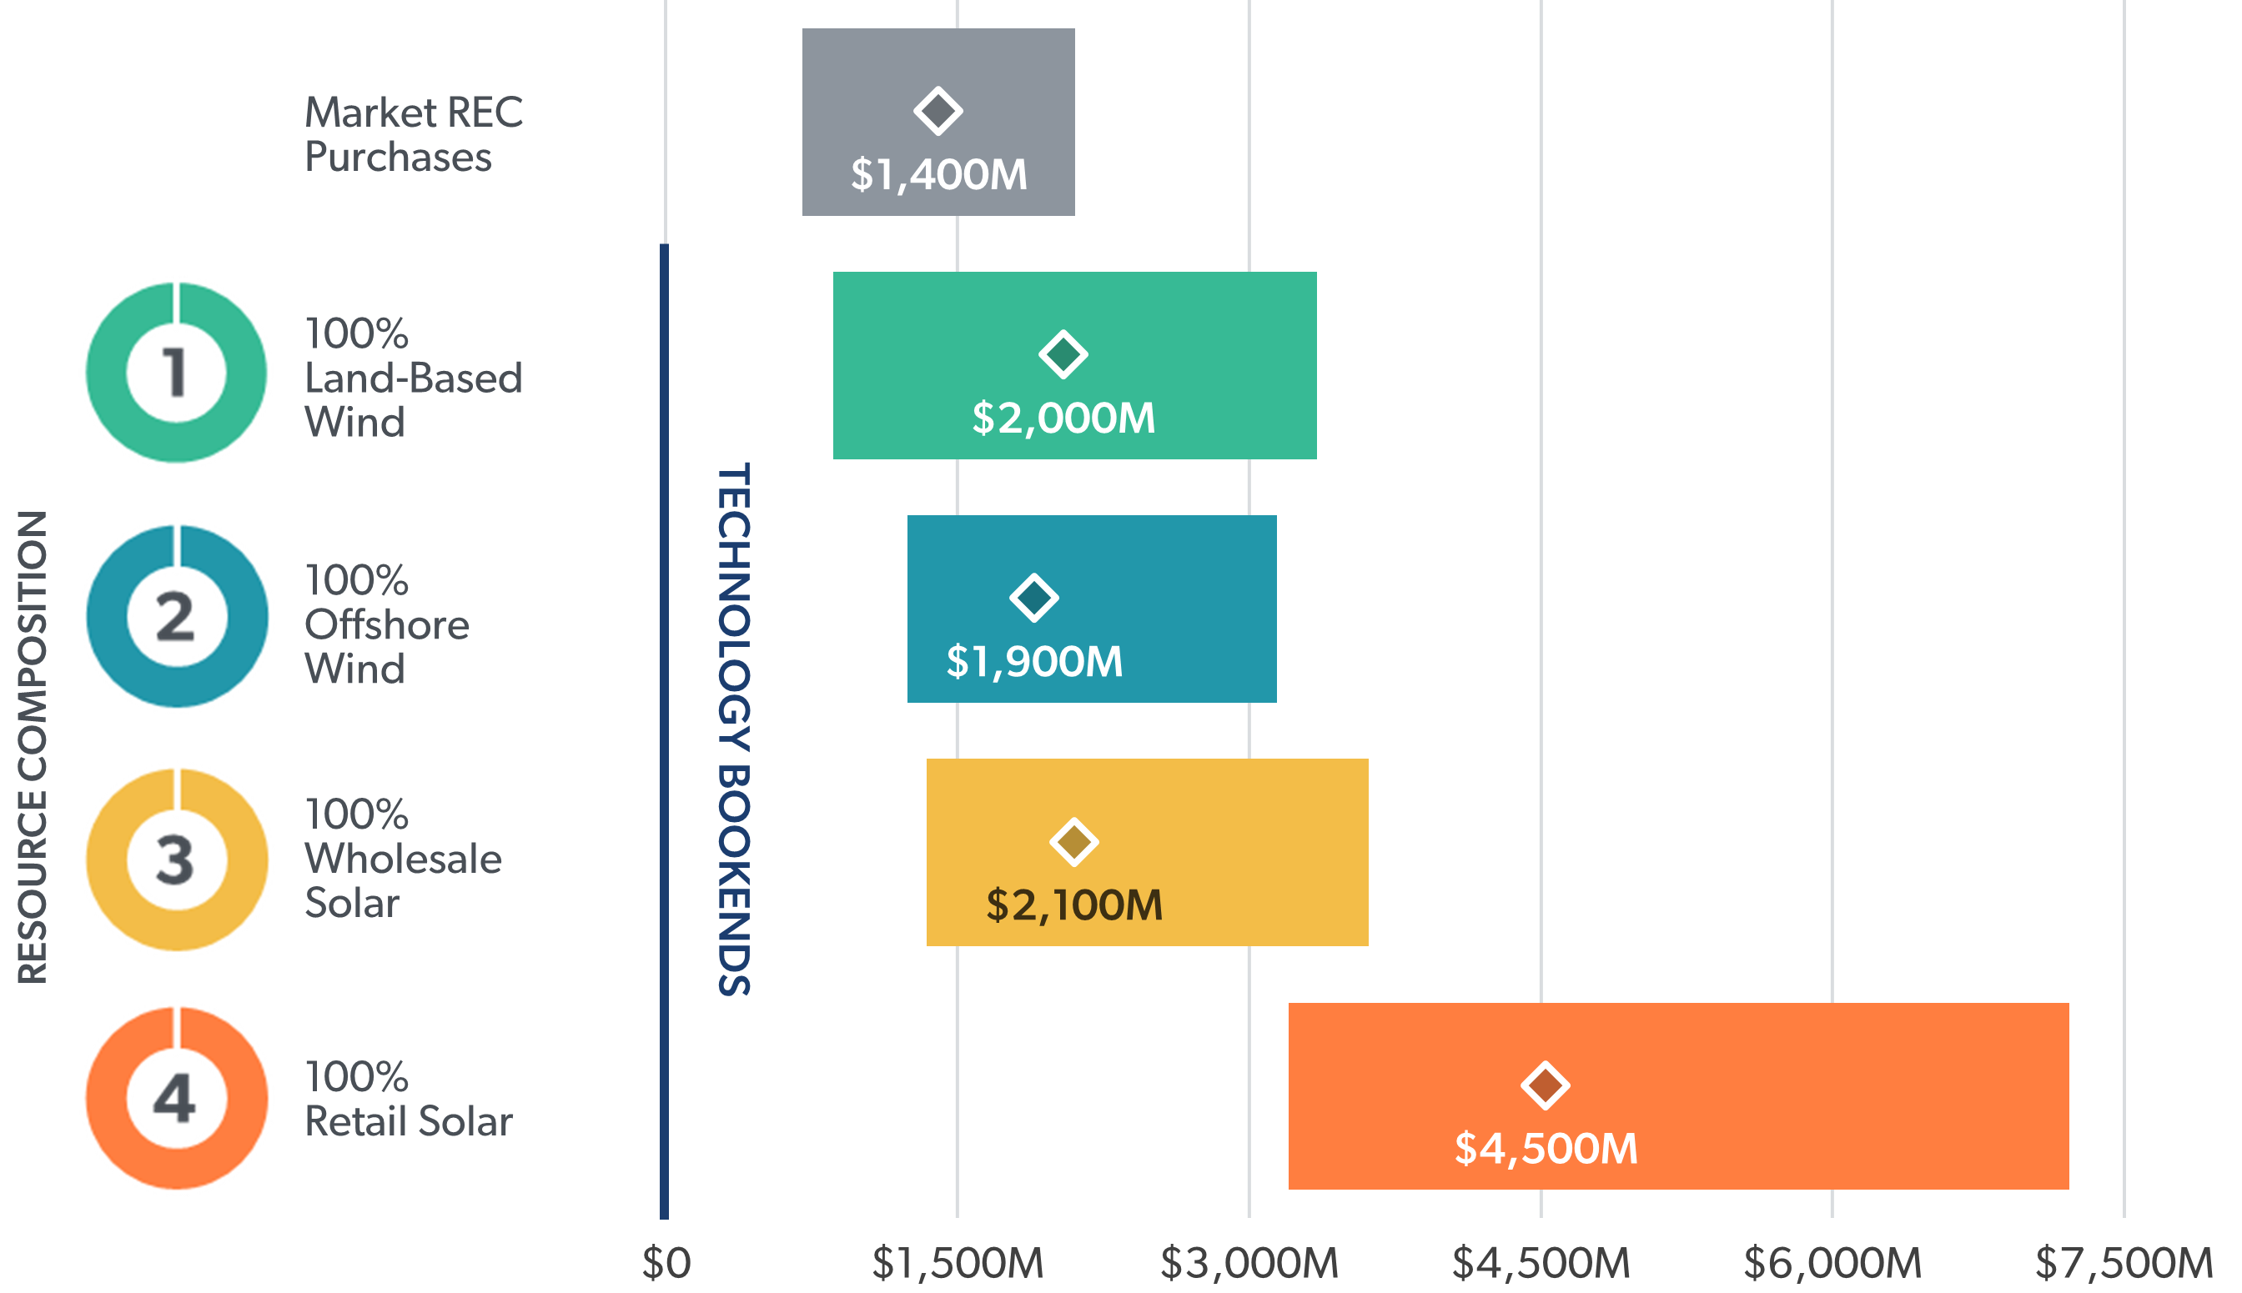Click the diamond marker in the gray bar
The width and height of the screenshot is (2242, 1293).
coord(938,112)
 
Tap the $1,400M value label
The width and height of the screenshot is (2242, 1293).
coord(938,174)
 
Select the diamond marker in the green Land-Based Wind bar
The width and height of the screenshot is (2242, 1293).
coord(1063,355)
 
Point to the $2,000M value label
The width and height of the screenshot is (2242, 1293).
coord(1063,418)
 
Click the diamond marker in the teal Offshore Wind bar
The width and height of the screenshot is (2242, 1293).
coord(1034,598)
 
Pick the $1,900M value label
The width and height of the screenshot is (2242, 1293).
coord(1034,662)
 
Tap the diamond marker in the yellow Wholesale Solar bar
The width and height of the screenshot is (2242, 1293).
coord(1074,842)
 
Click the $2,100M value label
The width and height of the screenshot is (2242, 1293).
coord(1074,905)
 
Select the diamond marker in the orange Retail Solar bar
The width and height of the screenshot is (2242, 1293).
coord(1545,1085)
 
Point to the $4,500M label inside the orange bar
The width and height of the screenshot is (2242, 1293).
coord(1545,1148)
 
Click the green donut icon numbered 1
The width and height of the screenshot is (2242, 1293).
coord(176,372)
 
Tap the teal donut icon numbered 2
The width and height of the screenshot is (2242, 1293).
coord(176,616)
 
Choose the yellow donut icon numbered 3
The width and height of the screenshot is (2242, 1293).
coord(176,859)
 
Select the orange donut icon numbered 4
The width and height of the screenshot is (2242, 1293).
coord(176,1099)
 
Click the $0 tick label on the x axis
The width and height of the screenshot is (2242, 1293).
coord(666,1263)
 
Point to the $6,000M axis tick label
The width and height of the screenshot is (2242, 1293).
coord(1832,1263)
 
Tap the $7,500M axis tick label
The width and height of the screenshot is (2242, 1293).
coord(2123,1263)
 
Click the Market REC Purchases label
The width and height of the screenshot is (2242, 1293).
coord(413,135)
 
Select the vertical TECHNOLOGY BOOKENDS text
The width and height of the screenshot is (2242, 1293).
coord(734,729)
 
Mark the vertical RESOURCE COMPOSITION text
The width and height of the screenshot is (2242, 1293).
coord(33,747)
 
